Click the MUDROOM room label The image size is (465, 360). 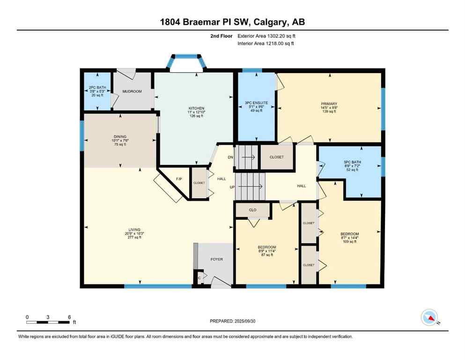coord(132,91)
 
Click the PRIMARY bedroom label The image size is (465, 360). coord(329,104)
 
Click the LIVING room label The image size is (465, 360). coord(135,229)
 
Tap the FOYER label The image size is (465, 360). coord(216,259)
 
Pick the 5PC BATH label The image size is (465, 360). coord(352,163)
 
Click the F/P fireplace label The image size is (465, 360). coord(178,180)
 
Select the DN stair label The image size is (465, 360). coord(230,157)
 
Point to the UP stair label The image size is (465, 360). coord(232,187)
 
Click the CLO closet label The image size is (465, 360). coord(252,210)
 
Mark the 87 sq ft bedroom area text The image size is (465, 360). coord(267,255)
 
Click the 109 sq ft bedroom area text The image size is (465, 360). coord(349,241)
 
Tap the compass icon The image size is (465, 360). coord(429,318)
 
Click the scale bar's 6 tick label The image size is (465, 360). coord(69,317)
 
